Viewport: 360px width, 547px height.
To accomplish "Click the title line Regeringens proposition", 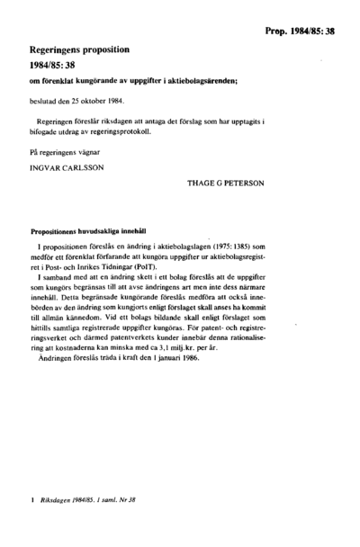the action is click(x=76, y=53).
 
